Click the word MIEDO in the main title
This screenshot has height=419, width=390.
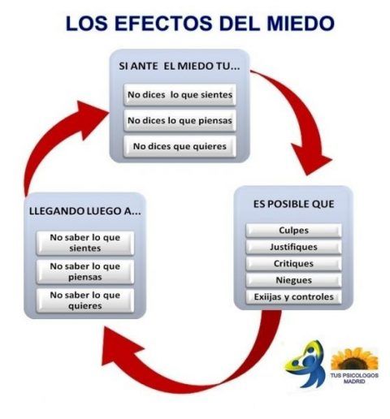pos(301,24)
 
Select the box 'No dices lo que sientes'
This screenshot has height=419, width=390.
pos(180,95)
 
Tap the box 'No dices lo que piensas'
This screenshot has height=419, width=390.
pos(180,120)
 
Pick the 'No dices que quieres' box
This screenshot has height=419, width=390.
pos(180,146)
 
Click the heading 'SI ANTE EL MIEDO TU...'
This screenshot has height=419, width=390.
pos(180,67)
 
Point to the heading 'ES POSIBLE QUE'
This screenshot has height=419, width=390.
pos(293,204)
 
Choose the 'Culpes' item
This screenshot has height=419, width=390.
pos(293,231)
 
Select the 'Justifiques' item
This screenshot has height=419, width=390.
pos(293,247)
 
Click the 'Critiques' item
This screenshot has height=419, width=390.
pos(293,264)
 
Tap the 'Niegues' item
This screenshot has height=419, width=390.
pos(293,280)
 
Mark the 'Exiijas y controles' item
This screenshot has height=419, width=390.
pos(293,297)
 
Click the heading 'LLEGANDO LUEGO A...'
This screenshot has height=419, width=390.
pos(85,211)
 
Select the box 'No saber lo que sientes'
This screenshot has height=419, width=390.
pos(85,243)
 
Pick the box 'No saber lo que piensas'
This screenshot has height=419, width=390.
pos(85,272)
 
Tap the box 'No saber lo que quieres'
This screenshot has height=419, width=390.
pos(85,300)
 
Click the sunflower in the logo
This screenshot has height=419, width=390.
pos(354,360)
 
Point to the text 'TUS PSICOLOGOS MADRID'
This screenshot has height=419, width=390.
pos(354,378)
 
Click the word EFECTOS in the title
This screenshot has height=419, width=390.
pos(164,24)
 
